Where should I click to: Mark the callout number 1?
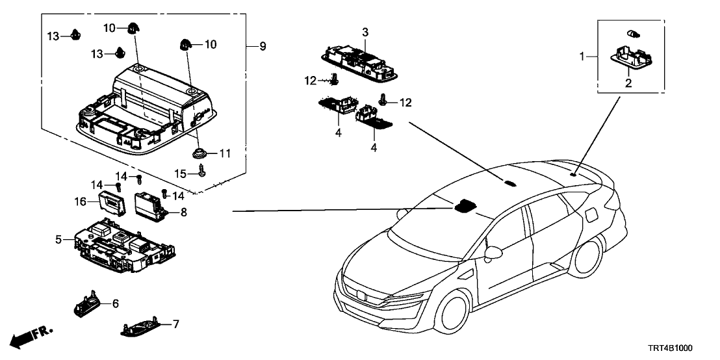pyautogui.click(x=583, y=57)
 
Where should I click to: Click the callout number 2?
pyautogui.click(x=628, y=83)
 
